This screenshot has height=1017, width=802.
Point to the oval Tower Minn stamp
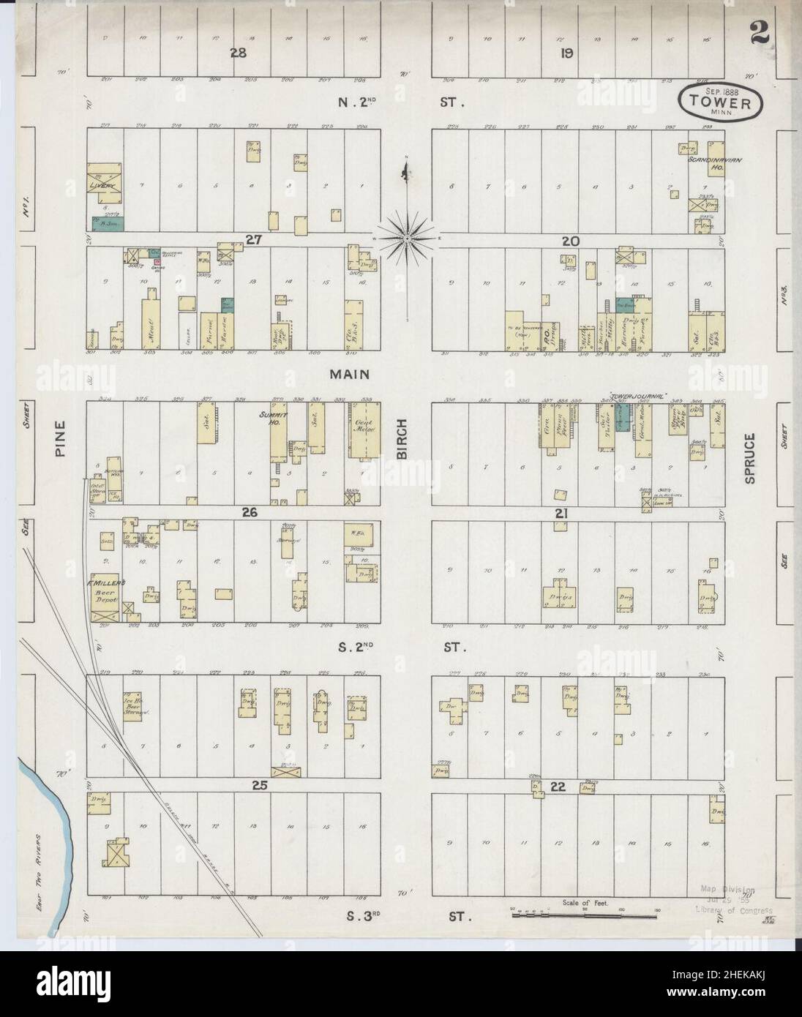coord(722,101)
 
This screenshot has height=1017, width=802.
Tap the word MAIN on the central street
coord(349,375)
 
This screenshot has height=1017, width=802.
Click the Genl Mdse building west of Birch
coord(364,430)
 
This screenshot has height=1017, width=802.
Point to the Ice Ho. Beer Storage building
coord(132,702)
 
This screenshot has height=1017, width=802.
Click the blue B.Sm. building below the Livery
coord(108,221)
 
